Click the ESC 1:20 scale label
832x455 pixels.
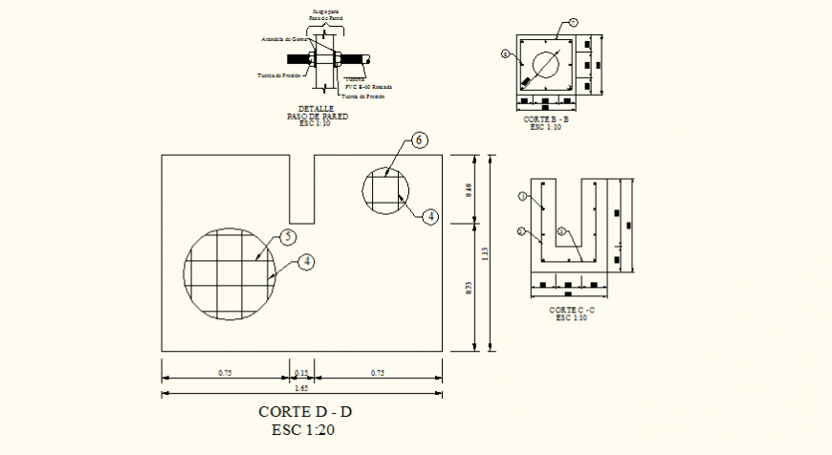coord(302,429)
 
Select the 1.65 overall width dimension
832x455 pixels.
coord(302,388)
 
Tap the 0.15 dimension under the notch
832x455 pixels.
coord(302,372)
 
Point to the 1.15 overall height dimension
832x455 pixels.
coord(485,253)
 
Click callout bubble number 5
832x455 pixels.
coord(288,237)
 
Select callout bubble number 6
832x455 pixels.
coord(418,141)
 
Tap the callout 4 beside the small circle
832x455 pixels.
coord(431,216)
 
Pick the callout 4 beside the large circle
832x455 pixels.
coord(305,260)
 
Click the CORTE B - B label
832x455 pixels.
coord(546,119)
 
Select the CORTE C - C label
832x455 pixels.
coord(572,310)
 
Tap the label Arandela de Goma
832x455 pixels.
coord(284,40)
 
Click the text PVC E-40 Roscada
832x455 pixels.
coord(368,87)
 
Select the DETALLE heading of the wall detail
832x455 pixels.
coord(317,108)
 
